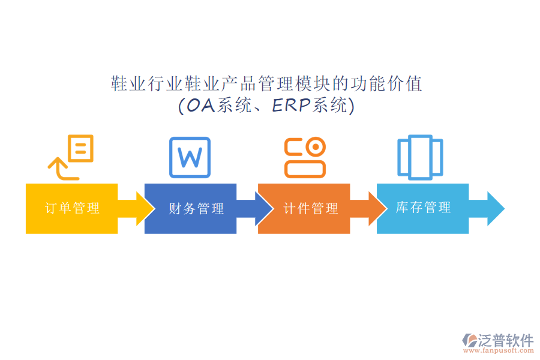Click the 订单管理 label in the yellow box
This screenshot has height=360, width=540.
(73, 208)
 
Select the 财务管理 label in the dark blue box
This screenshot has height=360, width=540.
(196, 208)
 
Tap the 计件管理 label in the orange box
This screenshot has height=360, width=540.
(311, 208)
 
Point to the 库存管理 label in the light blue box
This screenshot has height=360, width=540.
(423, 208)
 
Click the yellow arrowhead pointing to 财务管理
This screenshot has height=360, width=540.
(145, 209)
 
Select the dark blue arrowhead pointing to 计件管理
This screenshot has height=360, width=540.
(263, 209)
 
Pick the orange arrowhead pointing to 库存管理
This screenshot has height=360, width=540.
(377, 209)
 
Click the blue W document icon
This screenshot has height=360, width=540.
(190, 157)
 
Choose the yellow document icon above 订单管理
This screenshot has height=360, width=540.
(81, 148)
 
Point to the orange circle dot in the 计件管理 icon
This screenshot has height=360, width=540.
(315, 147)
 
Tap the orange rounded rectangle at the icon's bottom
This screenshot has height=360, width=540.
(305, 169)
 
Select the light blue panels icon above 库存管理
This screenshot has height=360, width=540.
(420, 157)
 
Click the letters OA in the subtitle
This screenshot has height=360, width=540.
(201, 106)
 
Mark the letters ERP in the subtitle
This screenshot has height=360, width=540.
(292, 106)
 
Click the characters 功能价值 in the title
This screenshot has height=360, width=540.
(386, 84)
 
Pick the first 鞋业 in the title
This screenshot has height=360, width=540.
(129, 84)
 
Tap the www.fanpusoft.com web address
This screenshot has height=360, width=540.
(499, 351)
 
